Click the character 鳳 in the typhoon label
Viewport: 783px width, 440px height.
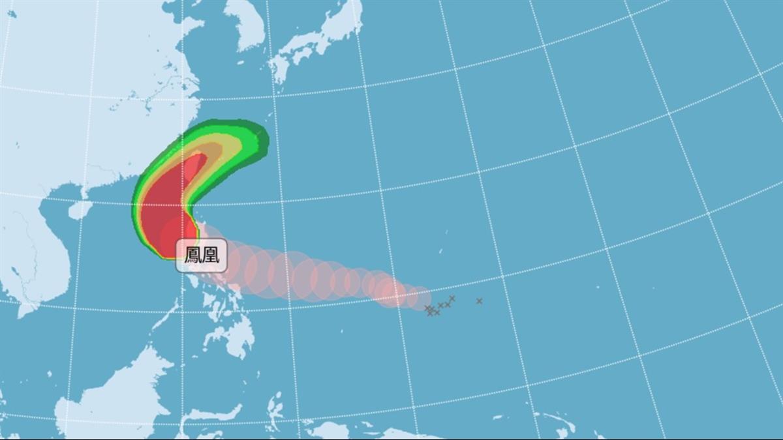(x=193, y=255)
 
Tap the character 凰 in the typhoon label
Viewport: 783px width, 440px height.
(x=211, y=255)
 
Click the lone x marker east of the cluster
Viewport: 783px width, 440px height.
(x=479, y=301)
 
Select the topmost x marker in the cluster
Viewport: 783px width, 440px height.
(x=452, y=298)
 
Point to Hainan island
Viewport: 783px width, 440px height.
(x=80, y=209)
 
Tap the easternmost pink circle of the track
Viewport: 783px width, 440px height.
(x=421, y=298)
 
